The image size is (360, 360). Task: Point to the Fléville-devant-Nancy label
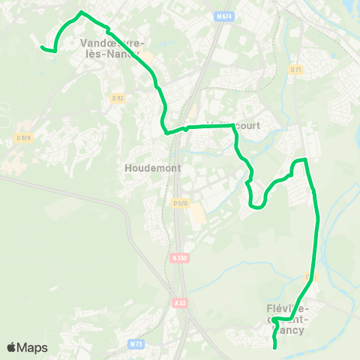coord(292,318)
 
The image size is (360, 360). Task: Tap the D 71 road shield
coord(295,70)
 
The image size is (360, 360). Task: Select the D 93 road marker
coord(117,97)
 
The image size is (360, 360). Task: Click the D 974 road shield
coord(24,137)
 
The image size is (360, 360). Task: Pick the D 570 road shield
coord(180,202)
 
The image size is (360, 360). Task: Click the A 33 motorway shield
coord(179,303)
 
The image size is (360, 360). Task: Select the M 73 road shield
coord(136,344)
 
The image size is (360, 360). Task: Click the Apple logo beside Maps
coord(11,347)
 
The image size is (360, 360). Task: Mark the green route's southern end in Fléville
coord(275,347)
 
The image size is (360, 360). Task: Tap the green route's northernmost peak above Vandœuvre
coord(82,13)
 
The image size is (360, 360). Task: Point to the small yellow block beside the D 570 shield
coord(197,217)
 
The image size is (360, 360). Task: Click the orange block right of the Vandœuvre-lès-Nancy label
coord(148,57)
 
